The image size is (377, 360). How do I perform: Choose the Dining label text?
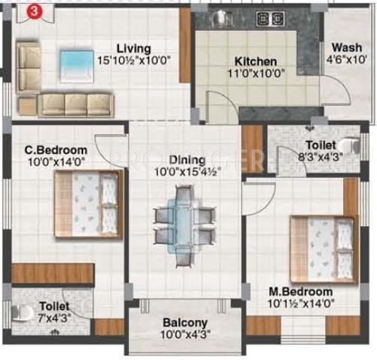pyautogui.click(x=187, y=160)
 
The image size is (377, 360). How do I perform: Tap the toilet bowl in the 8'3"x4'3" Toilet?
pyautogui.click(x=349, y=146)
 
